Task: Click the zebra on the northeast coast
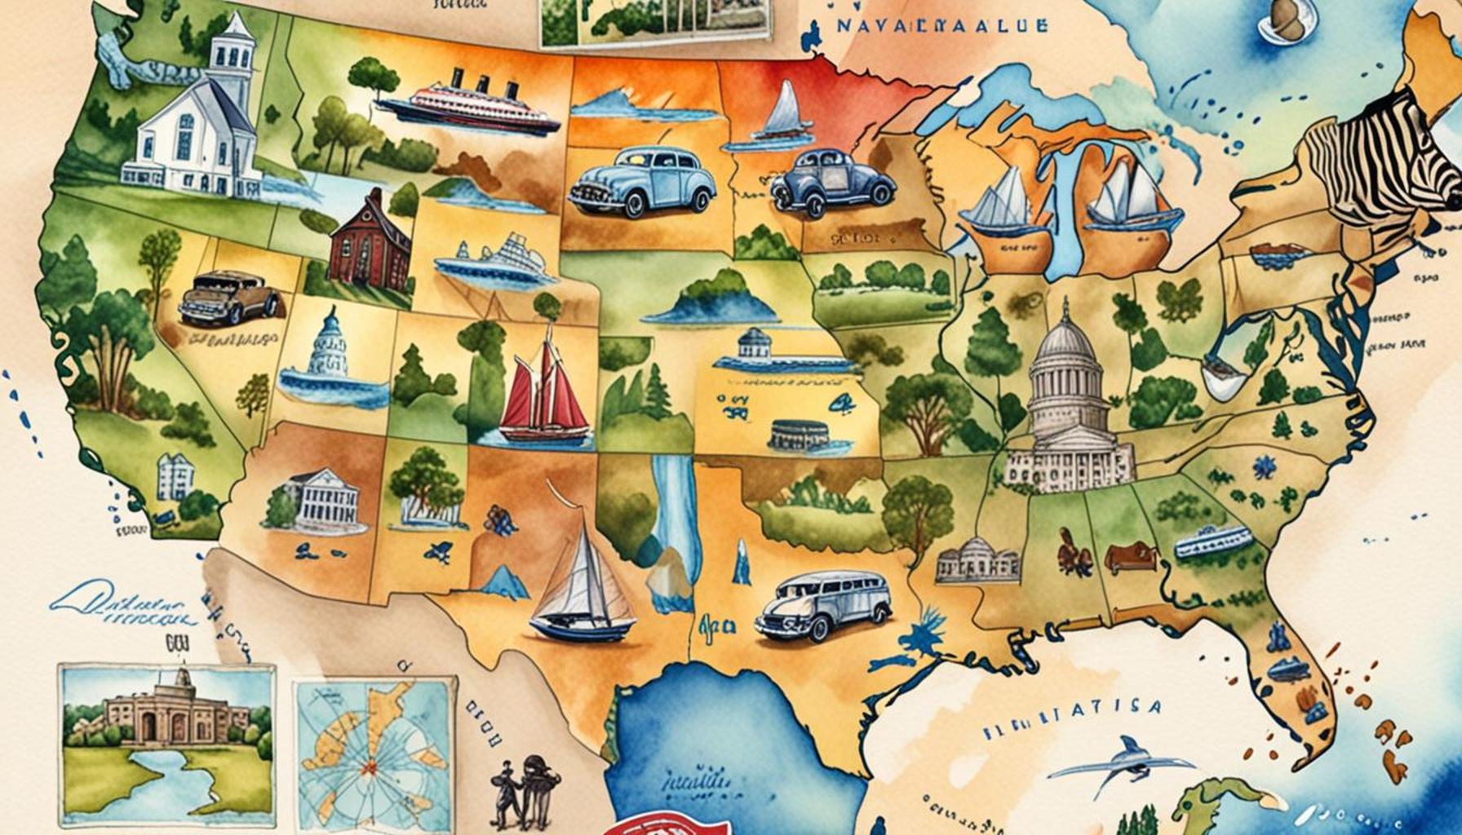pos(1379,163)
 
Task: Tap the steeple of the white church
pos(232,41)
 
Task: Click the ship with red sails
pos(543,391)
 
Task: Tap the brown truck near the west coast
pos(230,298)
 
